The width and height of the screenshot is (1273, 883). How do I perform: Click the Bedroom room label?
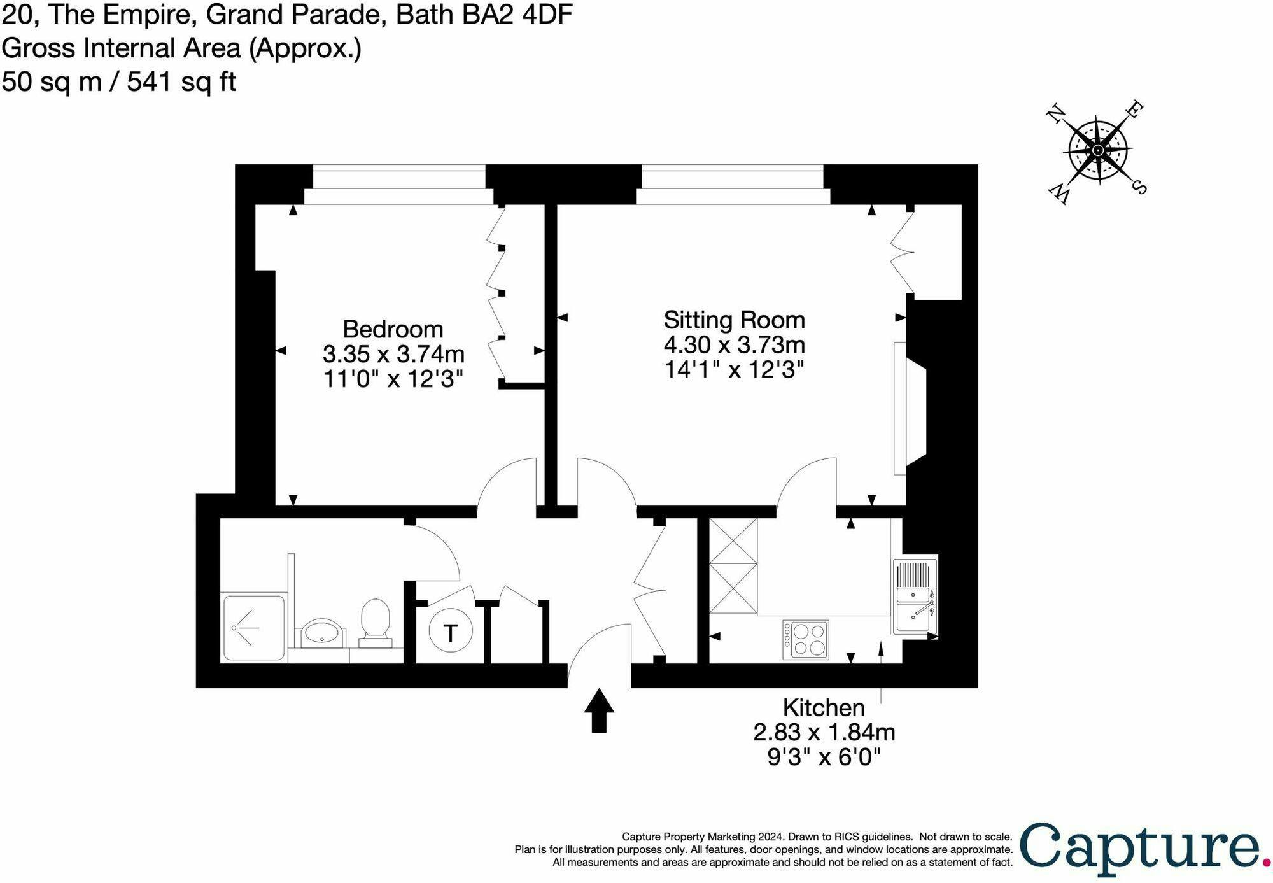click(x=393, y=329)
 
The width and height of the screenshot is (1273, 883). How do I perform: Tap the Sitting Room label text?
click(x=734, y=320)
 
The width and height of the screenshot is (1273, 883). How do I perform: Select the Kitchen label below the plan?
click(x=824, y=707)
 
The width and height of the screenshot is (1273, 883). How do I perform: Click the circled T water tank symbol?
click(x=451, y=632)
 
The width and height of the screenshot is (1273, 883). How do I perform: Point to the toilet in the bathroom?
click(x=376, y=623)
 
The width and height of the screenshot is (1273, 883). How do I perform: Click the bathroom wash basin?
click(x=322, y=633)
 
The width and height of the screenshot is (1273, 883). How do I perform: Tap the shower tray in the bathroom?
click(x=253, y=627)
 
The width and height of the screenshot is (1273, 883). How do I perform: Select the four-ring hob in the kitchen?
click(x=806, y=640)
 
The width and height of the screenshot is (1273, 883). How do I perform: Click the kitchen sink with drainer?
click(x=915, y=597)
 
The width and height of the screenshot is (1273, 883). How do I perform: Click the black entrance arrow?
click(x=599, y=710)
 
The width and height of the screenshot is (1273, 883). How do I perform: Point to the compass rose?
click(x=1097, y=152)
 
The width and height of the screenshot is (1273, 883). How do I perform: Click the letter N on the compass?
click(x=1056, y=114)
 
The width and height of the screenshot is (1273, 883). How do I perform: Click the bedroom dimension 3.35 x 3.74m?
click(x=393, y=353)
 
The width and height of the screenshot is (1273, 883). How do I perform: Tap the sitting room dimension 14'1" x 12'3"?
click(x=734, y=369)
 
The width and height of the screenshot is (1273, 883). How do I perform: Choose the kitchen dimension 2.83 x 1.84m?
click(x=824, y=732)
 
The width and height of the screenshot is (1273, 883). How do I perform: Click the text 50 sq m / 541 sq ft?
click(x=119, y=81)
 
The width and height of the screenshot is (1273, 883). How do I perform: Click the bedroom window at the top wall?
click(x=399, y=185)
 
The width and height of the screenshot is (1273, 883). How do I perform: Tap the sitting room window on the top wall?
click(x=733, y=185)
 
